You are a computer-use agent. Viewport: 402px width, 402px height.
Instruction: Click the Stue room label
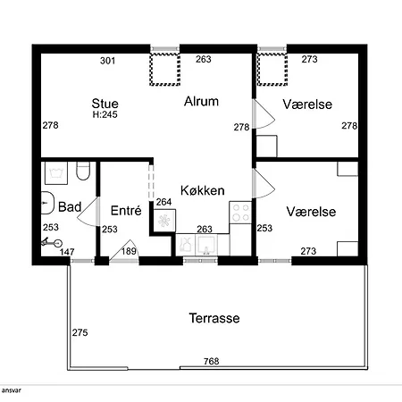click(105, 104)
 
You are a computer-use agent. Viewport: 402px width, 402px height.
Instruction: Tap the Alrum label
click(201, 101)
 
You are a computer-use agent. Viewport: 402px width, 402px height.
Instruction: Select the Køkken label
click(203, 190)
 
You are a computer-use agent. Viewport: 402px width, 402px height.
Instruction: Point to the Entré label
click(126, 211)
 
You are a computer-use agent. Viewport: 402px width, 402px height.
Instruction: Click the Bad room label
click(70, 207)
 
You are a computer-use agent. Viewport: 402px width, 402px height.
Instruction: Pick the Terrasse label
click(214, 318)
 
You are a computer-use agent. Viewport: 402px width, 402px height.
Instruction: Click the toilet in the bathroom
click(83, 171)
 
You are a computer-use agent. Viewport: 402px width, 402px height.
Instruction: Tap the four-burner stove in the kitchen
click(240, 213)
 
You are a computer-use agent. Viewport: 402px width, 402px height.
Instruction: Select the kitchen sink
click(205, 245)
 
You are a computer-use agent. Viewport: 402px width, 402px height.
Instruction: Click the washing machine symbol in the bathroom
click(56, 173)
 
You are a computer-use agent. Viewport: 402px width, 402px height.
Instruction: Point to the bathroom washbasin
click(47, 203)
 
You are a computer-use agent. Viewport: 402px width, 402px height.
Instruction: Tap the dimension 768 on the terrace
click(212, 361)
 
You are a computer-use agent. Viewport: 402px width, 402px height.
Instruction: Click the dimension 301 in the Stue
click(107, 61)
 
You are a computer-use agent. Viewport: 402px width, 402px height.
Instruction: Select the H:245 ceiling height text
click(105, 114)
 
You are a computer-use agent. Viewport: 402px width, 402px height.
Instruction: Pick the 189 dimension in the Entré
click(129, 251)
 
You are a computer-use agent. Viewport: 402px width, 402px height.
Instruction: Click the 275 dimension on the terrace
click(80, 332)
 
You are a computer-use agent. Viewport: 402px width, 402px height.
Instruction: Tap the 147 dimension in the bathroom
click(67, 252)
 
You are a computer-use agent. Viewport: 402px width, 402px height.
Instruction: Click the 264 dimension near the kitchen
click(163, 202)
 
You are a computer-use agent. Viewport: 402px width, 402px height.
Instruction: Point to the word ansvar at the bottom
click(11, 390)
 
